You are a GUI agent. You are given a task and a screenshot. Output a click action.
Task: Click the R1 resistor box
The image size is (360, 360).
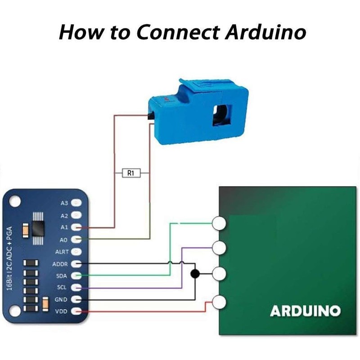pos(131,172)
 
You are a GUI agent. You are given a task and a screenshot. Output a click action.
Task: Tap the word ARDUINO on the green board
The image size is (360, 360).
pos(305,310)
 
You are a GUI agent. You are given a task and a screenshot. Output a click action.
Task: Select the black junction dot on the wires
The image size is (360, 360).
pos(195,274)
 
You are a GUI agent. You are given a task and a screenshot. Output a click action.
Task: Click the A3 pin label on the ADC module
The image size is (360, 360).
pos(64,203)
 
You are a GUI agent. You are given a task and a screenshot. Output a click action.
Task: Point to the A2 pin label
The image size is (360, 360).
pos(64,215)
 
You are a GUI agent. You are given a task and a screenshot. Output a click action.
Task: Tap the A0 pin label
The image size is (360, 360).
pos(64,239)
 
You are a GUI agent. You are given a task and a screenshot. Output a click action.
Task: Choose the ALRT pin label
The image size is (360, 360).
pos(61,252)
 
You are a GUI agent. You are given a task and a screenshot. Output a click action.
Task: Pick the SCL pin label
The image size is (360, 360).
pos(62,287)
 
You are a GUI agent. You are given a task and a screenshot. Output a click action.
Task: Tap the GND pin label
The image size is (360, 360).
pos(62,299)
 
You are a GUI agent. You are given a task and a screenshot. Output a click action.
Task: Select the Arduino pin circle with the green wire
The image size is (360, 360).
pos(220,223)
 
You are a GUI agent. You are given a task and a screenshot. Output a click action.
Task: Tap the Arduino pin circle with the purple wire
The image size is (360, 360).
pos(220,247)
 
